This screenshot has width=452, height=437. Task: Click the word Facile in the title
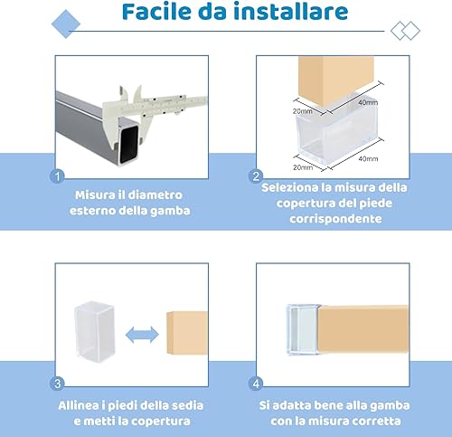coord(156,12)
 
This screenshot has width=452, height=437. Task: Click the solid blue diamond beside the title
coord(66,24)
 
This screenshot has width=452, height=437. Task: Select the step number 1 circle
coord(57,176)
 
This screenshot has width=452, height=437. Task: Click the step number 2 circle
coord(256,176)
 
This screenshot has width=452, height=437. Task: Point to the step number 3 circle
coord(57,384)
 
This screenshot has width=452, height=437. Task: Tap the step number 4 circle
coord(256,384)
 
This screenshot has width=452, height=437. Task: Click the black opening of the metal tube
coord(129,144)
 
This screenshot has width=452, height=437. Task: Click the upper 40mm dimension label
coord(368,102)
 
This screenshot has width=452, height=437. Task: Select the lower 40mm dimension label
coord(368,158)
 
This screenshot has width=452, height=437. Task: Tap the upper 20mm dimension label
coord(303,111)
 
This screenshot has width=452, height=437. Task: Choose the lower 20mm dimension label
coord(303,167)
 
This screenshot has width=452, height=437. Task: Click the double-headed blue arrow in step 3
coord(142,335)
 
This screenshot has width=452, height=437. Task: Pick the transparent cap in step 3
coord(95,331)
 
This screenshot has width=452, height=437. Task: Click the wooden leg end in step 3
coord(187,333)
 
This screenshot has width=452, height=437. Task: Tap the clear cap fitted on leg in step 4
coord(303,329)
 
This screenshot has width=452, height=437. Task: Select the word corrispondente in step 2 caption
coord(335,219)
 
